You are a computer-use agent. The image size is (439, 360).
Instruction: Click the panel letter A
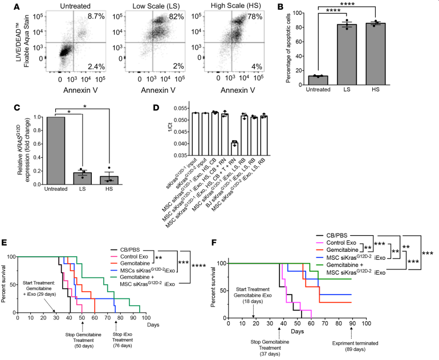(x=7, y=6)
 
